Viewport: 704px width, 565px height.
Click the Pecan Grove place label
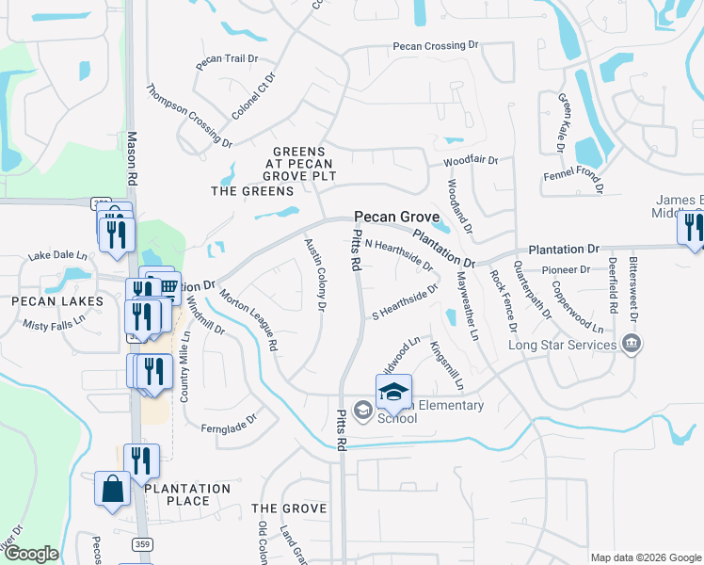(396, 216)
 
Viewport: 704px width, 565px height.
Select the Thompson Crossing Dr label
(188, 115)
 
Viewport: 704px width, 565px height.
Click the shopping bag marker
(112, 490)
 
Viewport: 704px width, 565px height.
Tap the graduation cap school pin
(394, 391)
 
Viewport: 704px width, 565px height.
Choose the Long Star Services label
(563, 345)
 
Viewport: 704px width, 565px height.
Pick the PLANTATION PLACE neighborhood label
(187, 494)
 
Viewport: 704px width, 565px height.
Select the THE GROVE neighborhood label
(290, 508)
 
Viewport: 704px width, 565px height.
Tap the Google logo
(31, 554)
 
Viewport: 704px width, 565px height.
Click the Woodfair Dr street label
(471, 161)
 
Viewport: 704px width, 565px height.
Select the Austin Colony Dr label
(315, 274)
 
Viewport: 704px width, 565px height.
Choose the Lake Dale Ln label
(56, 255)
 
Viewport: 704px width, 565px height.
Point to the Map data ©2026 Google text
(646, 557)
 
